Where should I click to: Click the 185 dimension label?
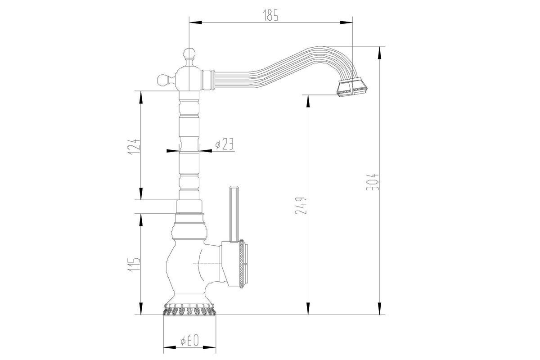(x=270, y=15)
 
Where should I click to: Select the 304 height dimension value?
(x=372, y=182)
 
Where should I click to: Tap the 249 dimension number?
(x=301, y=206)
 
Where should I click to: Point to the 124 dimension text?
(x=134, y=147)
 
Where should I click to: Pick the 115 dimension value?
(x=134, y=265)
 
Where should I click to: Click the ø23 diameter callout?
(x=225, y=144)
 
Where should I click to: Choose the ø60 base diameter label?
(x=189, y=340)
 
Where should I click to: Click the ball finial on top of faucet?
(x=189, y=54)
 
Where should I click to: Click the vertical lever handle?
(x=234, y=214)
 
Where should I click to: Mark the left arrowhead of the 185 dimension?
(x=195, y=22)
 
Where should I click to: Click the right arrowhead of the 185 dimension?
(x=346, y=22)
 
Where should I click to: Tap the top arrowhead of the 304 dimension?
(x=380, y=52)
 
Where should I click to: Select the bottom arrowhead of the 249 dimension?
(x=308, y=308)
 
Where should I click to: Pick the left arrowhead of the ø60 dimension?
(x=170, y=347)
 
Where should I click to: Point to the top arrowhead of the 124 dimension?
(x=140, y=97)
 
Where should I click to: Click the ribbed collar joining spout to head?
(x=208, y=80)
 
